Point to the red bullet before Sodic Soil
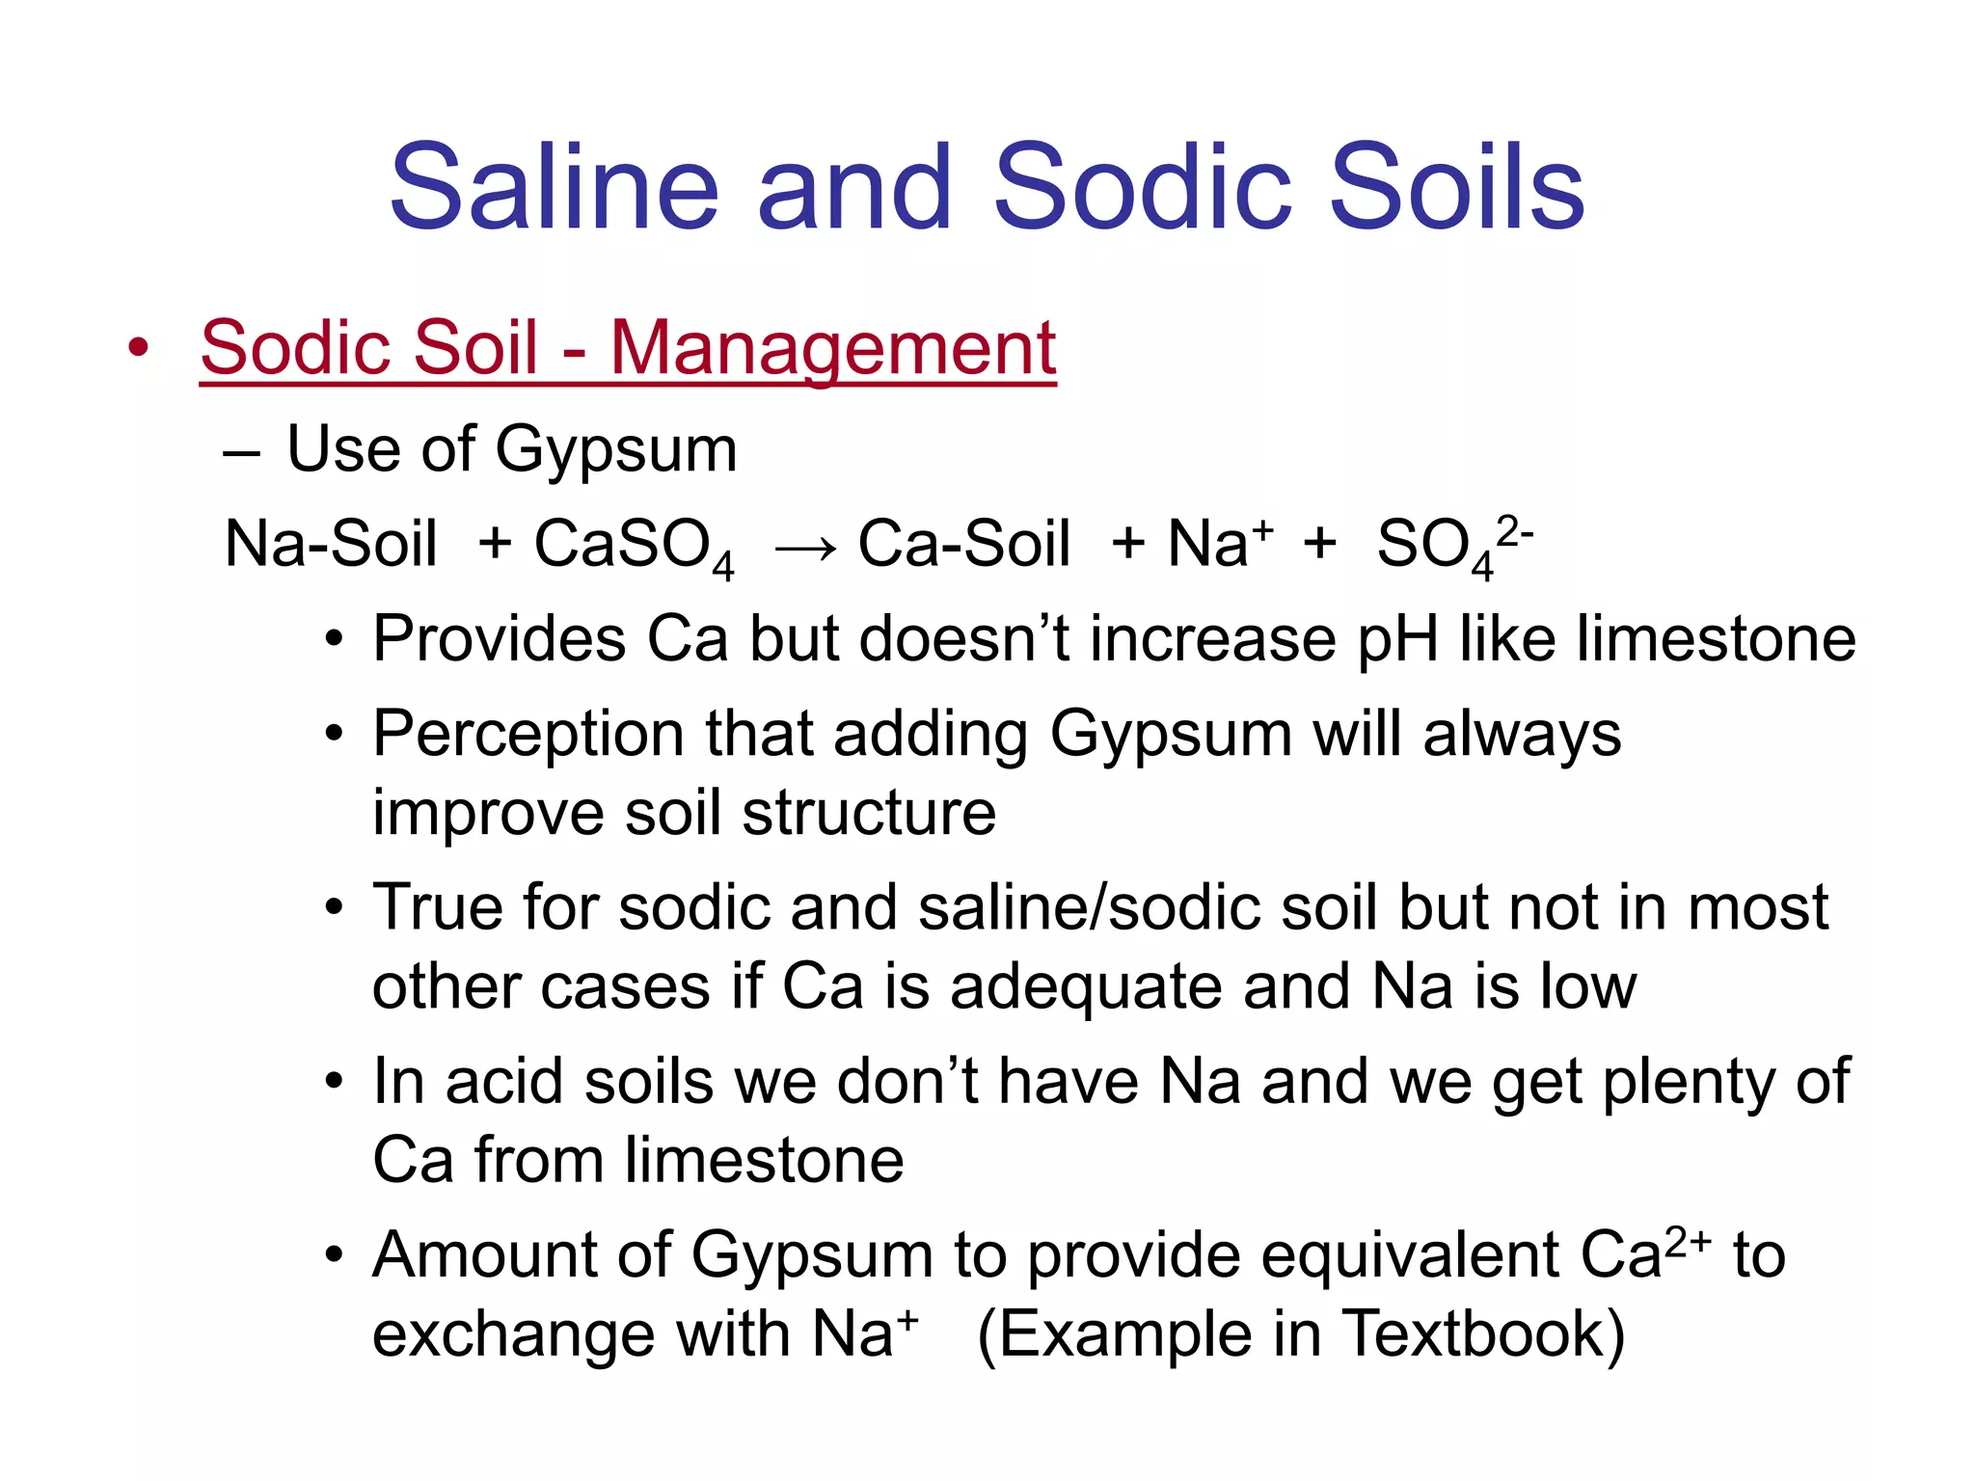[139, 348]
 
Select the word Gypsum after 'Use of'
[616, 450]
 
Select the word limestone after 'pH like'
[1716, 638]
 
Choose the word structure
[869, 813]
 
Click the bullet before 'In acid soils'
[334, 1083]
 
